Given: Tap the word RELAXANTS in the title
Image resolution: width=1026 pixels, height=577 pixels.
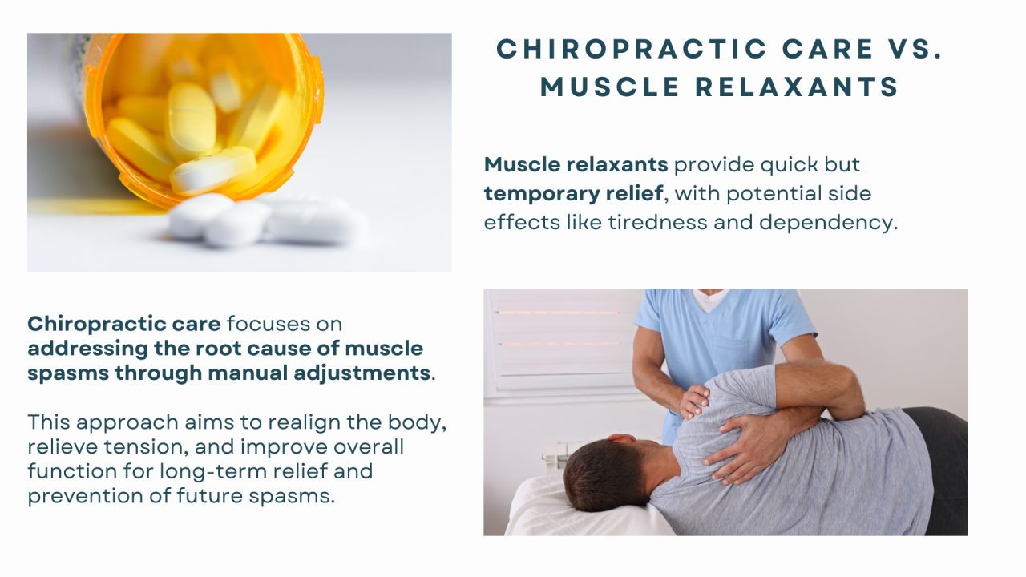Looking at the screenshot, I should [798, 87].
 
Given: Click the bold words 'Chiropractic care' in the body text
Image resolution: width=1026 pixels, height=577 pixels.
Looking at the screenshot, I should [124, 324].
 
